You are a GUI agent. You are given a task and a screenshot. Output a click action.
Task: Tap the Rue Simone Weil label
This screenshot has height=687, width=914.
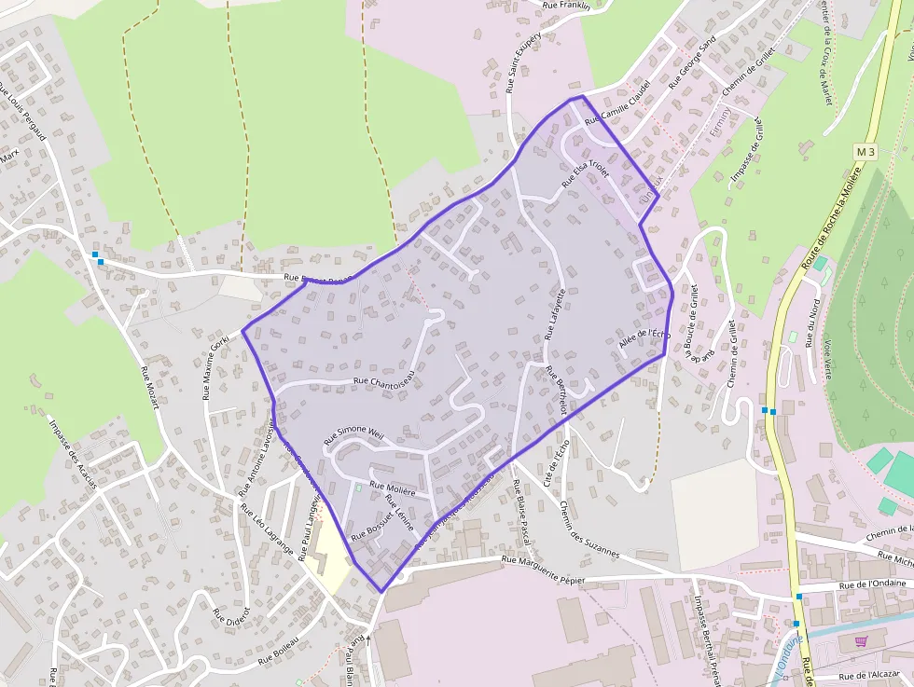tap(353, 434)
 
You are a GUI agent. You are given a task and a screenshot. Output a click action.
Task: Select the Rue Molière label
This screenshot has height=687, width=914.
tap(393, 487)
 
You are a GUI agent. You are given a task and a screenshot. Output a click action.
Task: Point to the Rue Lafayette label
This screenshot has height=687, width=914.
tap(556, 313)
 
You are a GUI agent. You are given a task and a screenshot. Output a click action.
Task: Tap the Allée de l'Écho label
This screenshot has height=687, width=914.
tap(644, 340)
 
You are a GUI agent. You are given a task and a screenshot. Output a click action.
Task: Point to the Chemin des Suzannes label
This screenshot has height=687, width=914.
tap(589, 529)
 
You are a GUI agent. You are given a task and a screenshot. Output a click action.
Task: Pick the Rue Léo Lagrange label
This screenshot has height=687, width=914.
tap(267, 530)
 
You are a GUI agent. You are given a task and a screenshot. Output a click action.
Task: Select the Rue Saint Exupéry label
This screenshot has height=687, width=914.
tap(518, 67)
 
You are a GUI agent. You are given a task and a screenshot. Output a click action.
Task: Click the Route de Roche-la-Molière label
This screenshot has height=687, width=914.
tap(828, 221)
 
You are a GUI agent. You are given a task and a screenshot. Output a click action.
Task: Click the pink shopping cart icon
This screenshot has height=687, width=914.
tap(861, 641)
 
